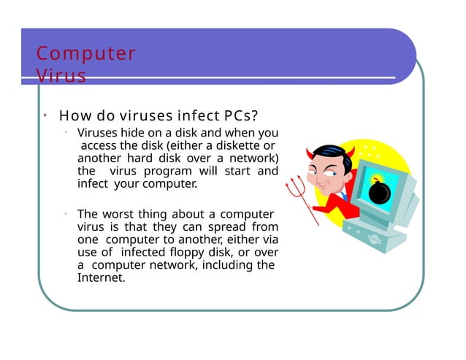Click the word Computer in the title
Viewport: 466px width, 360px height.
(x=86, y=54)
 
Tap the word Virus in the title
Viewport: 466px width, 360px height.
(x=61, y=76)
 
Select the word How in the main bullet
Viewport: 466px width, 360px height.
(x=74, y=116)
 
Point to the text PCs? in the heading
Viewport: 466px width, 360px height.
(x=238, y=116)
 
